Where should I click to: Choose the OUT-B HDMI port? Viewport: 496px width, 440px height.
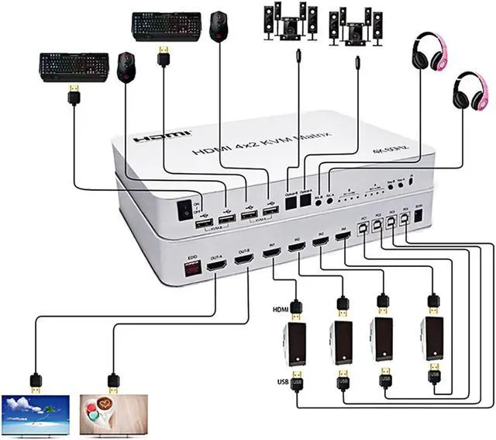tap(243, 261)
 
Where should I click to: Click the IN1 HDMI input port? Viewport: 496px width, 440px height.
tap(273, 255)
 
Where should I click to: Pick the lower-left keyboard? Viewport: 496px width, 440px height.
tap(72, 67)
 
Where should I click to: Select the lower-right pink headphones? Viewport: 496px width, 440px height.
tap(469, 91)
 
